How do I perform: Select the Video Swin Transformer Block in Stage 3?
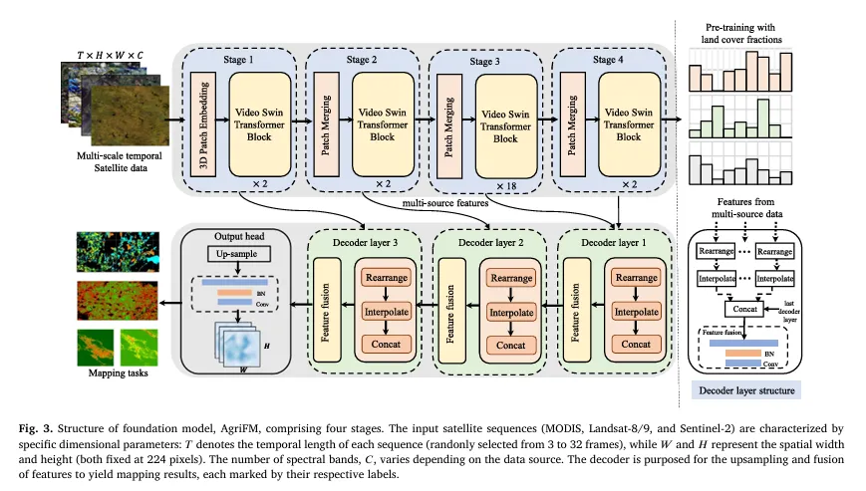[505, 125]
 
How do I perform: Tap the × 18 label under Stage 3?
[507, 187]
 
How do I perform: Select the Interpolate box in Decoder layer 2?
[506, 313]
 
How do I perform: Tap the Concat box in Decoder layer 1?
[630, 343]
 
